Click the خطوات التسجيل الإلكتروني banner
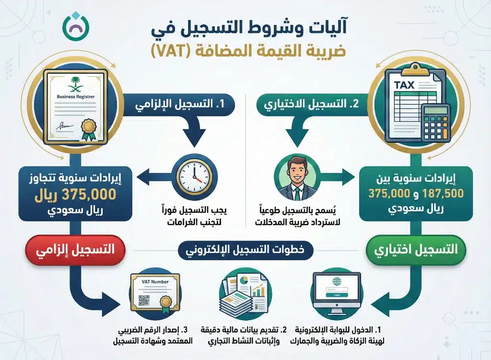point(245,250)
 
